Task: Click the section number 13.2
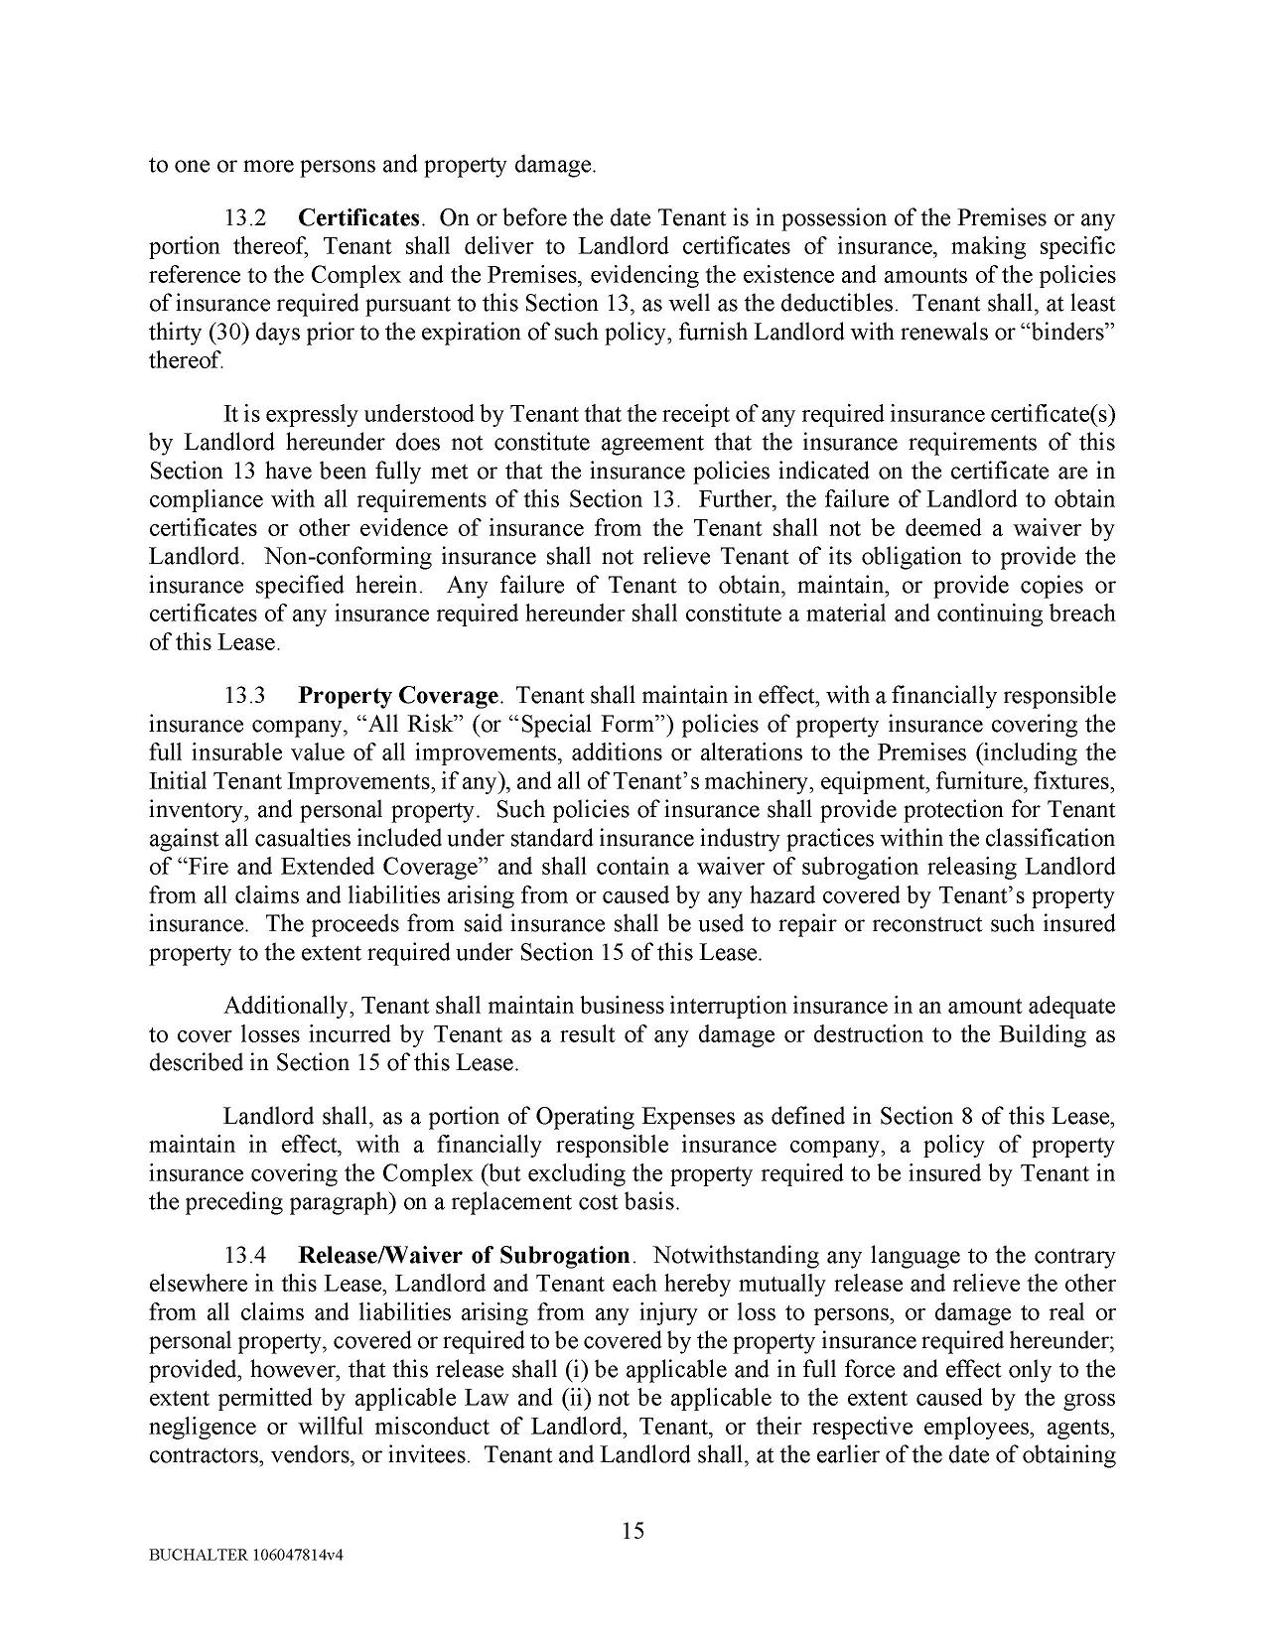click(x=243, y=217)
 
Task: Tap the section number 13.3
click(x=243, y=695)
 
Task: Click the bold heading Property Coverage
click(x=398, y=695)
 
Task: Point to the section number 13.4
click(x=243, y=1256)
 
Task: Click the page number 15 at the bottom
click(x=633, y=1530)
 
